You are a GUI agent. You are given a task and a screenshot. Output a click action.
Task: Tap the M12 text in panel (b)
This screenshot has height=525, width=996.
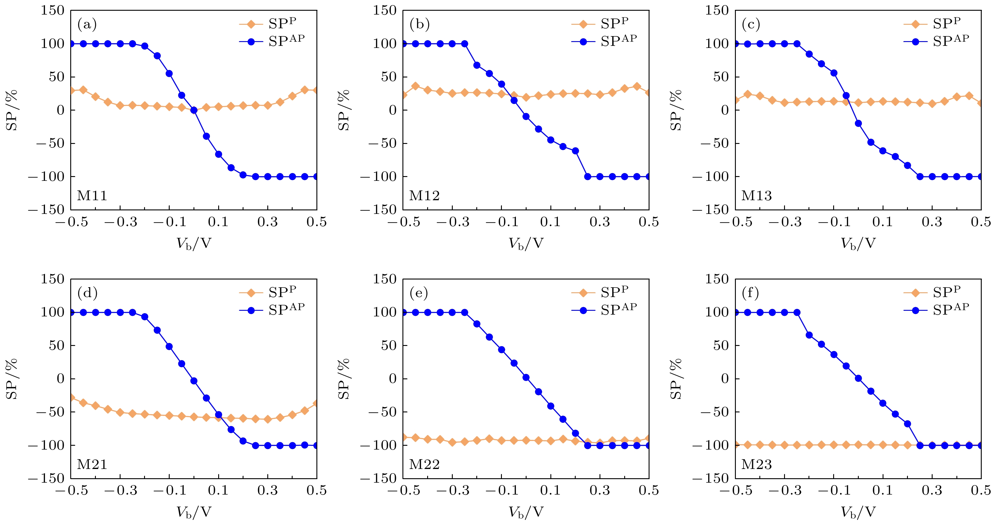pos(424,196)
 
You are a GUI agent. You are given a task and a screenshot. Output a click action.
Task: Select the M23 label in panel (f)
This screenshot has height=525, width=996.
pos(756,464)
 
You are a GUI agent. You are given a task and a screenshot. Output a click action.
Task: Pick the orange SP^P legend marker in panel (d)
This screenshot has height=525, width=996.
pos(251,293)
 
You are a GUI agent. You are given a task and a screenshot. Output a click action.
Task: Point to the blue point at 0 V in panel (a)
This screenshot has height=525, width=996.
pos(194,110)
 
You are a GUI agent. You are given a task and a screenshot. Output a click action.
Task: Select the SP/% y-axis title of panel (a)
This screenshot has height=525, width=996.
pos(12,110)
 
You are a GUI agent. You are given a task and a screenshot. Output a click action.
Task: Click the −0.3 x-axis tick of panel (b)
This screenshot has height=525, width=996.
pos(452,222)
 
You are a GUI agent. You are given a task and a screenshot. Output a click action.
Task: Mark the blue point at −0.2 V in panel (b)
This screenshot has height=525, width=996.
pos(477,65)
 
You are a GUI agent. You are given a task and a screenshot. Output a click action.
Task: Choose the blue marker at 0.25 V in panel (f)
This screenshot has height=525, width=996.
pos(920,445)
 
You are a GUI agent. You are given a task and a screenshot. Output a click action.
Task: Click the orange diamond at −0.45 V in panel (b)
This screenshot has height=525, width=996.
pos(416,86)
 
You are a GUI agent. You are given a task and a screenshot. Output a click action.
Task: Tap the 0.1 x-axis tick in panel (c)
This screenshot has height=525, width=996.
pos(883,222)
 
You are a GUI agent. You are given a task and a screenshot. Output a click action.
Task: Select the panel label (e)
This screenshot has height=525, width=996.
pos(419,293)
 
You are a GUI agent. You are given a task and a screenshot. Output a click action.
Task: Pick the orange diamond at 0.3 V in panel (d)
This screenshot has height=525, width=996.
pos(268,419)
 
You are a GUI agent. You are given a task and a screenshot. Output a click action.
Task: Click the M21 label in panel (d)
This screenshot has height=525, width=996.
pos(92,464)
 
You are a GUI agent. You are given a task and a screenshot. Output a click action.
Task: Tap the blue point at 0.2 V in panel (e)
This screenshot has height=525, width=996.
pos(575,433)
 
